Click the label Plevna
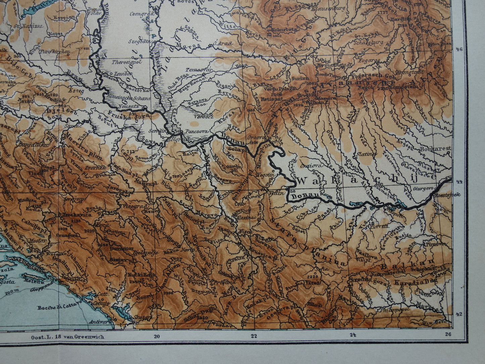click(x=379, y=226)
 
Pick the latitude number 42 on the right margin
click(x=458, y=314)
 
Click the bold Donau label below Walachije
click(x=301, y=195)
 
